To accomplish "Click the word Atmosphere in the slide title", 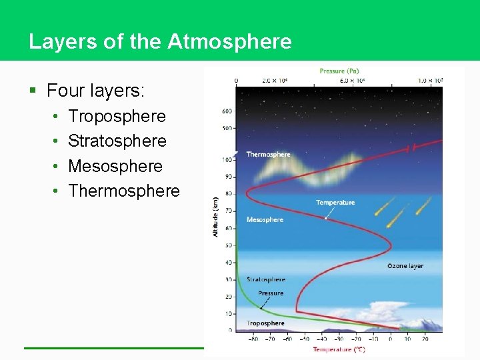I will pyautogui.click(x=229, y=42).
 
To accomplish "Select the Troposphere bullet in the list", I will pyautogui.click(x=117, y=116).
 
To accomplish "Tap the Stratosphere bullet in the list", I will pyautogui.click(x=117, y=141).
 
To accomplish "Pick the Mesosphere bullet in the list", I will pyautogui.click(x=115, y=166).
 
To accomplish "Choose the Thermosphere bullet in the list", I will pyautogui.click(x=124, y=191).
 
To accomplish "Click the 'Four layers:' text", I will pyautogui.click(x=96, y=89).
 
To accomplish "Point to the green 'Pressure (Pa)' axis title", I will pyautogui.click(x=341, y=71).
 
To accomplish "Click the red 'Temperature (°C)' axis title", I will pyautogui.click(x=339, y=349).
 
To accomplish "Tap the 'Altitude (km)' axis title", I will pyautogui.click(x=215, y=217).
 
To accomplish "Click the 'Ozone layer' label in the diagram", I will pyautogui.click(x=405, y=266).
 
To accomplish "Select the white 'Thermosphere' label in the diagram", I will pyautogui.click(x=268, y=155).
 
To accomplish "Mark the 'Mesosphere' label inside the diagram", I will pyautogui.click(x=265, y=219).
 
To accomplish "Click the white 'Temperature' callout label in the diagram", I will pyautogui.click(x=335, y=203).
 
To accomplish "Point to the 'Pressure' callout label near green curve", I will pyautogui.click(x=271, y=293).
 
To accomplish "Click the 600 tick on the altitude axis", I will pyautogui.click(x=227, y=111).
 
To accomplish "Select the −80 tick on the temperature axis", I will pyautogui.click(x=253, y=339).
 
